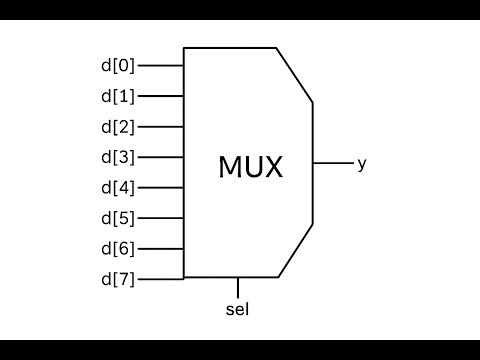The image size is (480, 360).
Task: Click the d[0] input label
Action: (x=117, y=66)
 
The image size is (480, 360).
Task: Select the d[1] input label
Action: (x=117, y=97)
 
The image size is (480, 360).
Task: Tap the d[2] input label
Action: (x=117, y=127)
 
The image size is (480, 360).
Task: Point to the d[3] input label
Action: (x=117, y=157)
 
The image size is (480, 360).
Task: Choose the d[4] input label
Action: (x=117, y=188)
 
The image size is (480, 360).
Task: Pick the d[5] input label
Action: (x=117, y=218)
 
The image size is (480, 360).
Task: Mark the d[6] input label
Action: (x=117, y=248)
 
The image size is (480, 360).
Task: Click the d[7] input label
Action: (x=117, y=278)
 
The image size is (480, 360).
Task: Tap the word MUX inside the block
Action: (x=250, y=167)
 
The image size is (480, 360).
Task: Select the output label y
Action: (x=361, y=163)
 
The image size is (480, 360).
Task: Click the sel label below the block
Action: (x=237, y=308)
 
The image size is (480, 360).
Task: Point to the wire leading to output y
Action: (x=332, y=163)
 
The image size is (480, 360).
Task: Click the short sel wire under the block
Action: (x=237, y=287)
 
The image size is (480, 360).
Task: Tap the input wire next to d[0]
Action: (x=160, y=66)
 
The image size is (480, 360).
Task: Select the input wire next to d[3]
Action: (x=160, y=157)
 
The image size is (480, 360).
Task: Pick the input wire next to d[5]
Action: (x=160, y=218)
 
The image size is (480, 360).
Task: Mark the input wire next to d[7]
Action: (x=160, y=278)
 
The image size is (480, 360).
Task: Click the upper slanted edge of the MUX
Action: (x=295, y=75)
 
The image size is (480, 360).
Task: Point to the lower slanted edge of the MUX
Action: (x=296, y=251)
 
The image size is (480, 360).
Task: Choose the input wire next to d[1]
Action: (x=160, y=97)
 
